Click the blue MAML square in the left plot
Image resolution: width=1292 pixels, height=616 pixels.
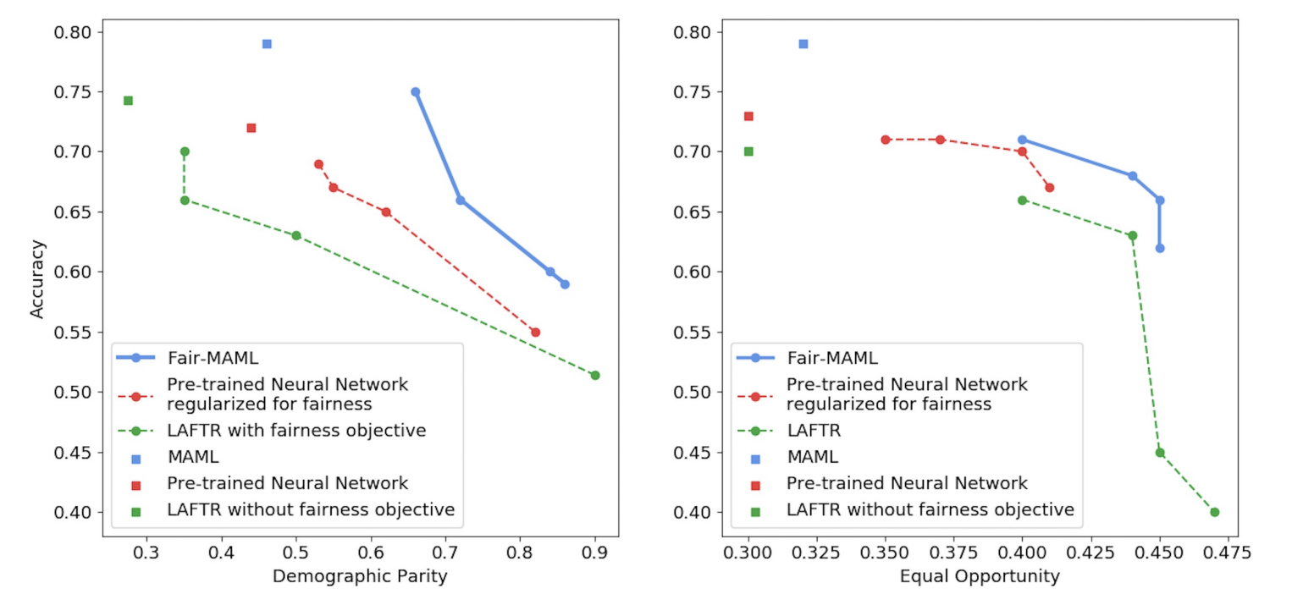tap(267, 44)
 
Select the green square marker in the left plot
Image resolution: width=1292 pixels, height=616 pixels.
tap(128, 101)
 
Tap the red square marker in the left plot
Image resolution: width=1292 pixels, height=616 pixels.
tap(251, 128)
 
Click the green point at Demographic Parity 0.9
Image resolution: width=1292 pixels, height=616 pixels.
tap(595, 375)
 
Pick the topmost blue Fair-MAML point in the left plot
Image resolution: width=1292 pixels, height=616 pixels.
tap(415, 92)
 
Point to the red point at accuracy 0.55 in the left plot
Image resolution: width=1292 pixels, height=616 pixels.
tap(535, 332)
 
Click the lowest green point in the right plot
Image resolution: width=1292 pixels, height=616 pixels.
tap(1214, 512)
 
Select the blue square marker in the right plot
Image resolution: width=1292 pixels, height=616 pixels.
tap(803, 44)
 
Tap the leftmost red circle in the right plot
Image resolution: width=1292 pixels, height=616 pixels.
tap(886, 140)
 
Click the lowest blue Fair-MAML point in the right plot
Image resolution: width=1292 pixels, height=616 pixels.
tap(1160, 248)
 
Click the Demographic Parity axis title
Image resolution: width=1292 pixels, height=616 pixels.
tap(360, 577)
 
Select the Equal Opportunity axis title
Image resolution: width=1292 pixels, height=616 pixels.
tap(980, 577)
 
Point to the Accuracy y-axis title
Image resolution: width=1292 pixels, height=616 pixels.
tap(36, 279)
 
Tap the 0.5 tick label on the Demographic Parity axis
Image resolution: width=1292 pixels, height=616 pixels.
tap(296, 553)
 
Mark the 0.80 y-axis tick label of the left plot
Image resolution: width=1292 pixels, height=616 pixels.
tap(74, 32)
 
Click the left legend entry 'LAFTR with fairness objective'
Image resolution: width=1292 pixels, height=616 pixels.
tap(295, 430)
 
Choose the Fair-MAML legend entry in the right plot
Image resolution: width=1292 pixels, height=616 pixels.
tap(831, 357)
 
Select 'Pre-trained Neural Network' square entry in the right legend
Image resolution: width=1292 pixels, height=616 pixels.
tap(906, 483)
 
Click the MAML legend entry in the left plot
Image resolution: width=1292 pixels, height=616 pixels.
tap(193, 457)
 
